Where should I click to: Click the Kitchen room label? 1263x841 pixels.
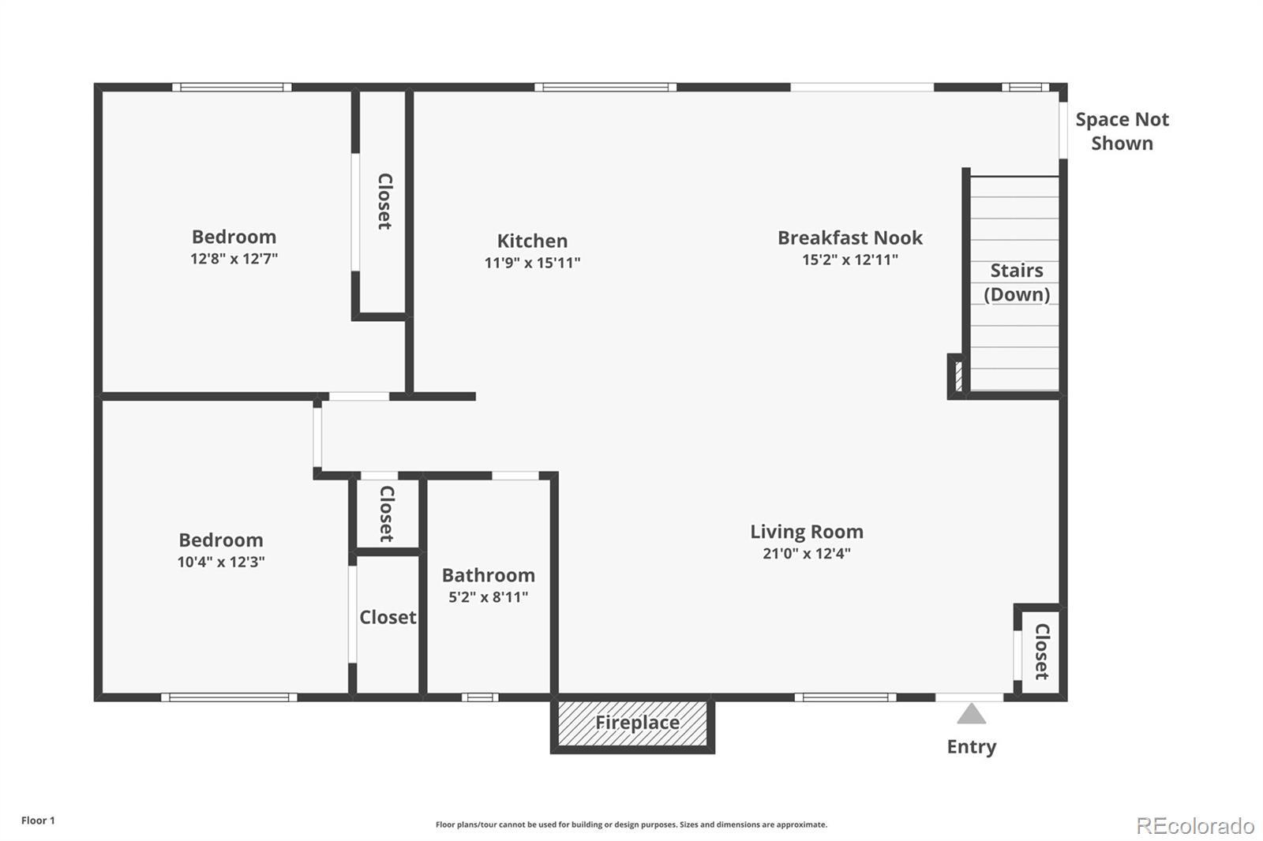[532, 241]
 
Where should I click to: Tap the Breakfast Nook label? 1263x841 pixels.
[849, 237]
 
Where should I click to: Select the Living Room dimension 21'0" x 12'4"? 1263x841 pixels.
[806, 553]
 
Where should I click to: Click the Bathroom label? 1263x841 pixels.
[488, 575]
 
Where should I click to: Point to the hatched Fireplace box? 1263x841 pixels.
[632, 723]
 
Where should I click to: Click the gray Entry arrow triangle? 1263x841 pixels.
[971, 714]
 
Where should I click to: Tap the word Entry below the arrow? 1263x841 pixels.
[971, 746]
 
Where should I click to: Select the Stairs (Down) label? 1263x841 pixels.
[1016, 282]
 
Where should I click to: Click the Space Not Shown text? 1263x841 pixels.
[1121, 131]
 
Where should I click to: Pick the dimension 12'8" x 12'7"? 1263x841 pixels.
[234, 259]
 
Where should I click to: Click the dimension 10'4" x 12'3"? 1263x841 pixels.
[220, 562]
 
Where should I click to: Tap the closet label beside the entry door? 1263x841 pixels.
[1041, 652]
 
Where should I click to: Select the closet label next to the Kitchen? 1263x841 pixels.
[384, 201]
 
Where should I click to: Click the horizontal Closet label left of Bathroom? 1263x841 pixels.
[387, 617]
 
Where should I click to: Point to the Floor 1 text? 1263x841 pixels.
[38, 820]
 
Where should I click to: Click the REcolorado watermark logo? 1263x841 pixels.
[1194, 825]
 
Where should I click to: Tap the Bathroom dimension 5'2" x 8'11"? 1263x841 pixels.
[488, 597]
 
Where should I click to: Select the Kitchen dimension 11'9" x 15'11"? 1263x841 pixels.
[532, 263]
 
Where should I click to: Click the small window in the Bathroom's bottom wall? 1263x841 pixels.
[480, 697]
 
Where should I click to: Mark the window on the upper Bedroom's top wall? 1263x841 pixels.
[231, 88]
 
